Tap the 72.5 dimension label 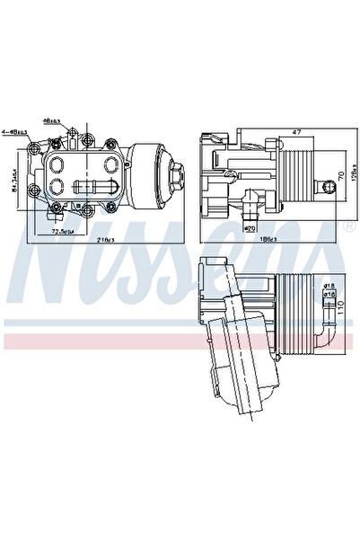pyautogui.click(x=63, y=231)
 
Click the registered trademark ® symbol pyautogui.click(x=347, y=226)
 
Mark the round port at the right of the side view pyautogui.click(x=330, y=186)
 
